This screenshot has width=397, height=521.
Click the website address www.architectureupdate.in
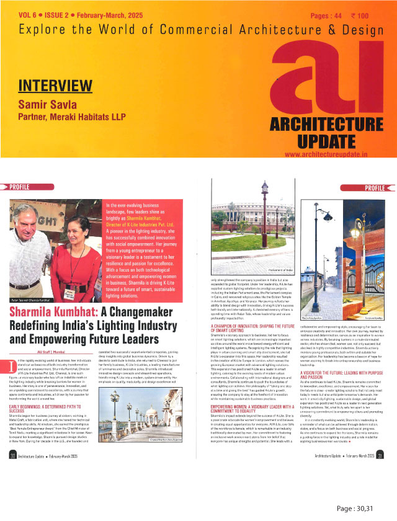(x=333, y=154)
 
